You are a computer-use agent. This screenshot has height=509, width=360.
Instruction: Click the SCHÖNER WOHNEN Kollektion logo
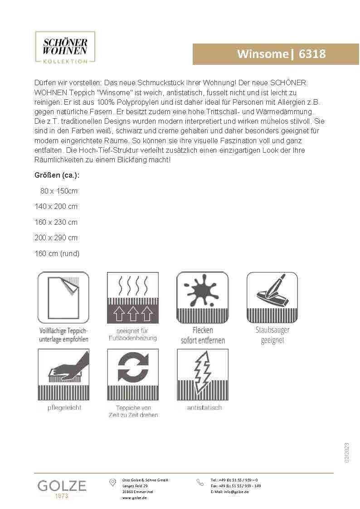[x=65, y=47]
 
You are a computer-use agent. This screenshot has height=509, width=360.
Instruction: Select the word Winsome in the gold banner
[x=263, y=54]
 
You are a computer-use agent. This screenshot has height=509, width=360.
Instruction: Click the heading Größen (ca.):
[x=54, y=175]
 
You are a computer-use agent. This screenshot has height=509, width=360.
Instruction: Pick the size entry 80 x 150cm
[x=59, y=191]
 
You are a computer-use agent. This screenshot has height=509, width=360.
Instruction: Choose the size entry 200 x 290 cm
[x=56, y=238]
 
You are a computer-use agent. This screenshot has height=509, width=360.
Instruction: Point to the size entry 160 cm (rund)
[x=57, y=253]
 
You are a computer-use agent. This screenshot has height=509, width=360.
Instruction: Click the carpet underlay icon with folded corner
[x=63, y=297]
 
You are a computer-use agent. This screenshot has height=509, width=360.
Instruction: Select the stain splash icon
[x=202, y=297]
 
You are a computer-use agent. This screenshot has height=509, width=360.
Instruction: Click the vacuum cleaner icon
[x=272, y=297]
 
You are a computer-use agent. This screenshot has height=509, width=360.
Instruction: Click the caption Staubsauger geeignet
[x=272, y=335]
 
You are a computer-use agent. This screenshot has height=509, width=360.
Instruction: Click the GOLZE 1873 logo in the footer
[x=62, y=489]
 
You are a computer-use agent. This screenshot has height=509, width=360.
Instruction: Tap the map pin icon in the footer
[x=113, y=483]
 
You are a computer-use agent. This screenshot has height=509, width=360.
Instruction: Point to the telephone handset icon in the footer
[x=200, y=483]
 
